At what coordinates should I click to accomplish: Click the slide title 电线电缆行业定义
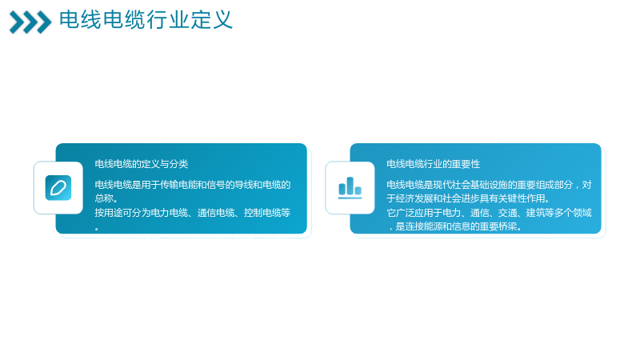[x=146, y=19]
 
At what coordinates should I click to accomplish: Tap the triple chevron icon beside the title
[x=30, y=22]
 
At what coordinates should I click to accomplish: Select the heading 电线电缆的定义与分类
[x=142, y=164]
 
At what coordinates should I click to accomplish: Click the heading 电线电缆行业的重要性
[x=433, y=164]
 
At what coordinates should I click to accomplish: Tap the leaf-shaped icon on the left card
[x=58, y=188]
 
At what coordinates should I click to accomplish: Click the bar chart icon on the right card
[x=350, y=188]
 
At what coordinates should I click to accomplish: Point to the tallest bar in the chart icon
[x=350, y=186]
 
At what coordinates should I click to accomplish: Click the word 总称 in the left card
[x=104, y=198]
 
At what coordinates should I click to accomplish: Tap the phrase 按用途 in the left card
[x=109, y=213]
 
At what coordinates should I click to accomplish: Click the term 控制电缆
[x=262, y=213]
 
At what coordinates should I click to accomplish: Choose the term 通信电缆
[x=215, y=213]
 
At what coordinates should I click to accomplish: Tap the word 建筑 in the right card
[x=535, y=213]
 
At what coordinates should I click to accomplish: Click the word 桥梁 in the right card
[x=507, y=226]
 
